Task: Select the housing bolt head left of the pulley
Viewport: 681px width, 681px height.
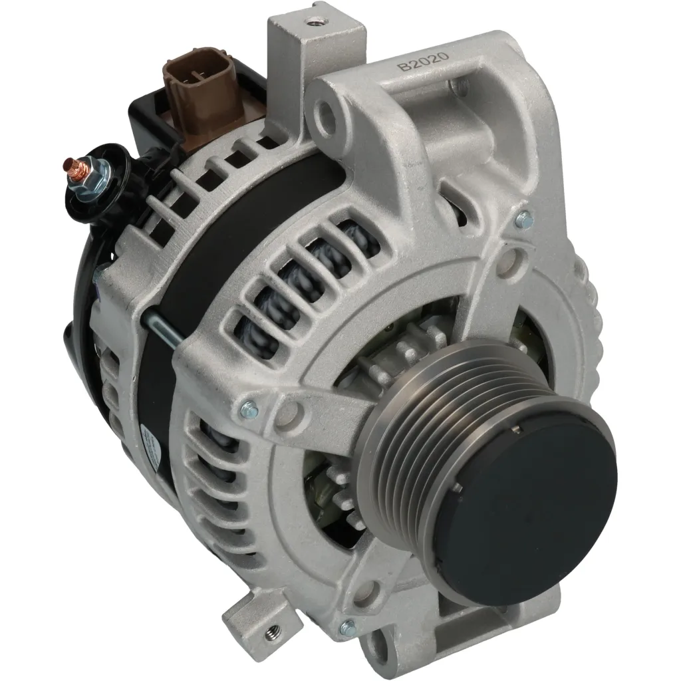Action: coord(251,407)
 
